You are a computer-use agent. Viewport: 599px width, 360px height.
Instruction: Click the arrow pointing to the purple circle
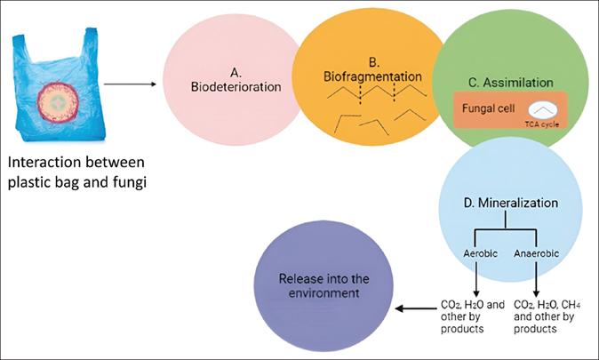coord(414,308)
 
